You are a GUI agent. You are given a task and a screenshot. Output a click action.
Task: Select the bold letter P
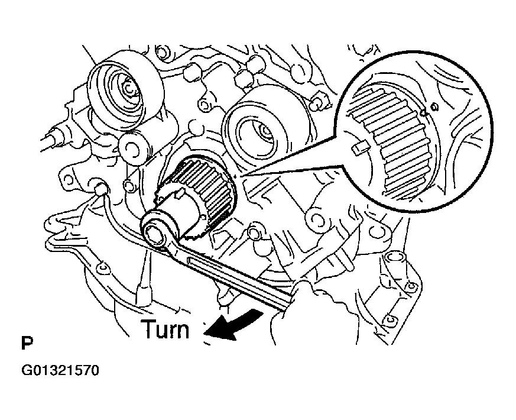[x=26, y=344]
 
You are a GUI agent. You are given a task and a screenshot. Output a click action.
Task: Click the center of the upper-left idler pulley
[x=127, y=89]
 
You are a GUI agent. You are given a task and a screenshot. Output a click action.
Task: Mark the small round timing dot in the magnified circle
[x=434, y=107]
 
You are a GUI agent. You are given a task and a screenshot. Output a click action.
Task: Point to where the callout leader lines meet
[x=236, y=175]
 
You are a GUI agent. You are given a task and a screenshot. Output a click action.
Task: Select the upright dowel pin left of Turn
[x=142, y=290]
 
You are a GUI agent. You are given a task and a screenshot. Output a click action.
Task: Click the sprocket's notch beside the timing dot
[x=424, y=111]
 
